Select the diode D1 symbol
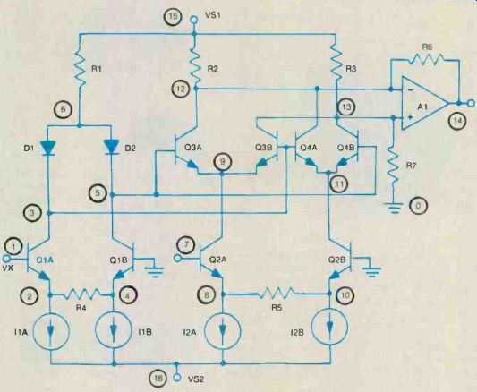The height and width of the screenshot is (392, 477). point(48,148)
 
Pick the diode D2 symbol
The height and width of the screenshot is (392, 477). point(112,147)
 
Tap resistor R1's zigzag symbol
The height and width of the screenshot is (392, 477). point(80,69)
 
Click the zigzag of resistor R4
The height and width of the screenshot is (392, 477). point(81,294)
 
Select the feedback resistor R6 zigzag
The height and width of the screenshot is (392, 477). point(426,59)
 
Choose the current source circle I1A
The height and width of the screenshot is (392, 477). point(51,332)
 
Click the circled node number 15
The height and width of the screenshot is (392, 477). point(173,16)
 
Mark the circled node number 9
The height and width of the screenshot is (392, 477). point(222,161)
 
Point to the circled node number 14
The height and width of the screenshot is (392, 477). point(457,121)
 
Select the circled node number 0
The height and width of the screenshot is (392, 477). point(418,206)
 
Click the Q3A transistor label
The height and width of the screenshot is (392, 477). point(193,148)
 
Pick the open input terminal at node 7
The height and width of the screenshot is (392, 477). point(176,259)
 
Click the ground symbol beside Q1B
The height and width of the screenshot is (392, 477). point(155,270)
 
